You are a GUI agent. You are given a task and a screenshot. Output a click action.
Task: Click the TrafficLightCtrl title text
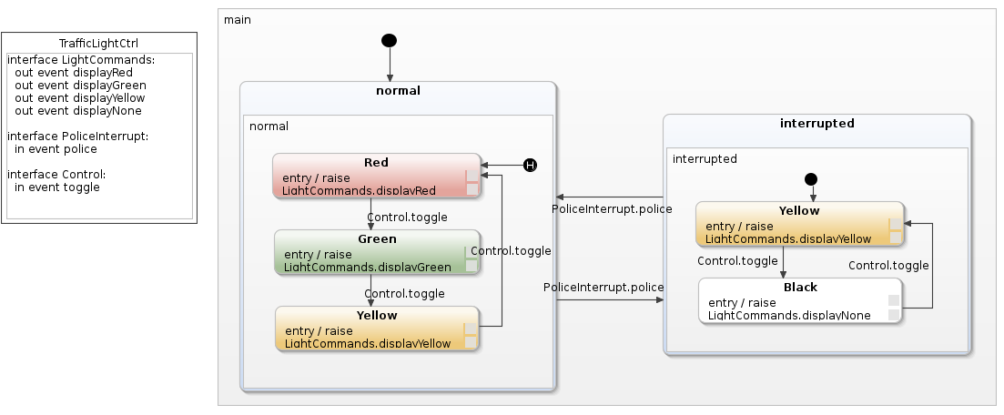tap(98, 44)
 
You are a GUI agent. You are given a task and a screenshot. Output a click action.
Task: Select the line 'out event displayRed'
tap(74, 73)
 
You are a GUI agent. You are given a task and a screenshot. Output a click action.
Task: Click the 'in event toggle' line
tap(57, 187)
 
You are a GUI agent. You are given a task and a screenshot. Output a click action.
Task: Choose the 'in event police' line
tap(56, 149)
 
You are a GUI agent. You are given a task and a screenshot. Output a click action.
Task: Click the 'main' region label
tap(238, 19)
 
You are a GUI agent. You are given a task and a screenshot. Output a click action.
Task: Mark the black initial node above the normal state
tap(390, 40)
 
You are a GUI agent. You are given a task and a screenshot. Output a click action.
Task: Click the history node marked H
tap(530, 165)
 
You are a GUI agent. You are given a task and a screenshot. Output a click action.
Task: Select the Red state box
tap(376, 176)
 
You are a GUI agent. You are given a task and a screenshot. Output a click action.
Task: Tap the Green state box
tap(376, 252)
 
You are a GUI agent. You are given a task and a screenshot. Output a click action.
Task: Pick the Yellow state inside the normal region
tap(376, 329)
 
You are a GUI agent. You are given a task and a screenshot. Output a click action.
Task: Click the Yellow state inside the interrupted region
tap(799, 224)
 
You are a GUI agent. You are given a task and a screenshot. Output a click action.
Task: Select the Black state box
tap(799, 300)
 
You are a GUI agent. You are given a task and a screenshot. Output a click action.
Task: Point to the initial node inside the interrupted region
tap(812, 179)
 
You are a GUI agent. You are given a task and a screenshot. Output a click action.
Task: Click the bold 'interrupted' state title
tap(816, 124)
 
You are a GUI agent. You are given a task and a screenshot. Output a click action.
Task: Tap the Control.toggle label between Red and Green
tap(407, 218)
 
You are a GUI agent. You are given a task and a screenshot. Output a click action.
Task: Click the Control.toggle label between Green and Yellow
tap(404, 294)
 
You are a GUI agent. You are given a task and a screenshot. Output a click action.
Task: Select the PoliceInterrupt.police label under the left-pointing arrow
tap(612, 209)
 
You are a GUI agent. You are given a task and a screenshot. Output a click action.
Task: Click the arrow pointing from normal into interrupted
tap(610, 300)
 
